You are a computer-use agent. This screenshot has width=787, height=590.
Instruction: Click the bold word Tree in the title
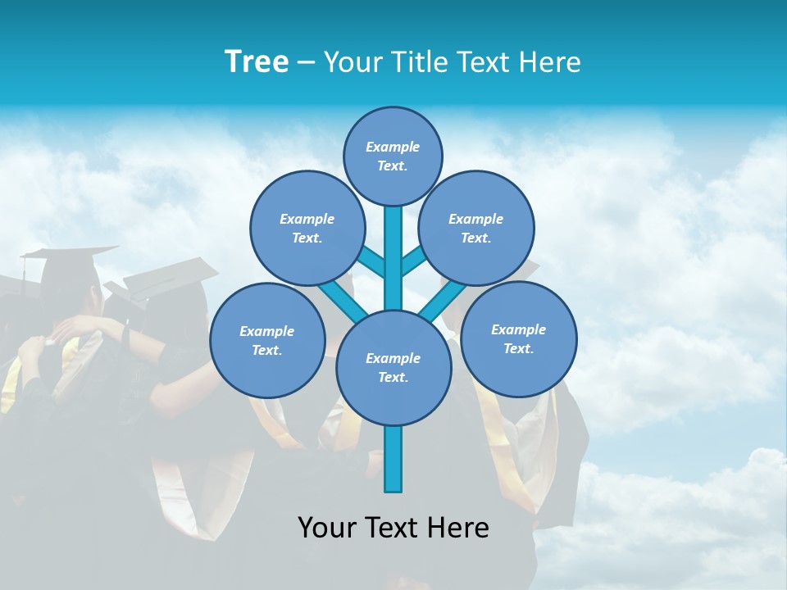257,61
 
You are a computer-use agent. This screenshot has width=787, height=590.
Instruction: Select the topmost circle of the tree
393,156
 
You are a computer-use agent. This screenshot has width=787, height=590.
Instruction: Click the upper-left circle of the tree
307,228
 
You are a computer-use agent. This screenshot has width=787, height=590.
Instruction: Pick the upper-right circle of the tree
475,228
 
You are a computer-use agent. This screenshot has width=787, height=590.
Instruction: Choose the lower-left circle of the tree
267,340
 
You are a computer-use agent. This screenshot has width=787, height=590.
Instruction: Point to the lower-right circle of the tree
518,338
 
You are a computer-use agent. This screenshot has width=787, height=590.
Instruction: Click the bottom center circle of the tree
393,367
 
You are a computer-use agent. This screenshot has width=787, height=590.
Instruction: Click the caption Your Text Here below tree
393,528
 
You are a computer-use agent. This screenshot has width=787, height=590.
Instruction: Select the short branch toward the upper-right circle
412,261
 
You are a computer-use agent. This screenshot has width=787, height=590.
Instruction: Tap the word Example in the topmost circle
393,147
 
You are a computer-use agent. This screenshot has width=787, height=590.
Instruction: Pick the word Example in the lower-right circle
518,329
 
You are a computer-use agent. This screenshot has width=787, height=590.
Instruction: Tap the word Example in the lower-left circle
267,331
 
